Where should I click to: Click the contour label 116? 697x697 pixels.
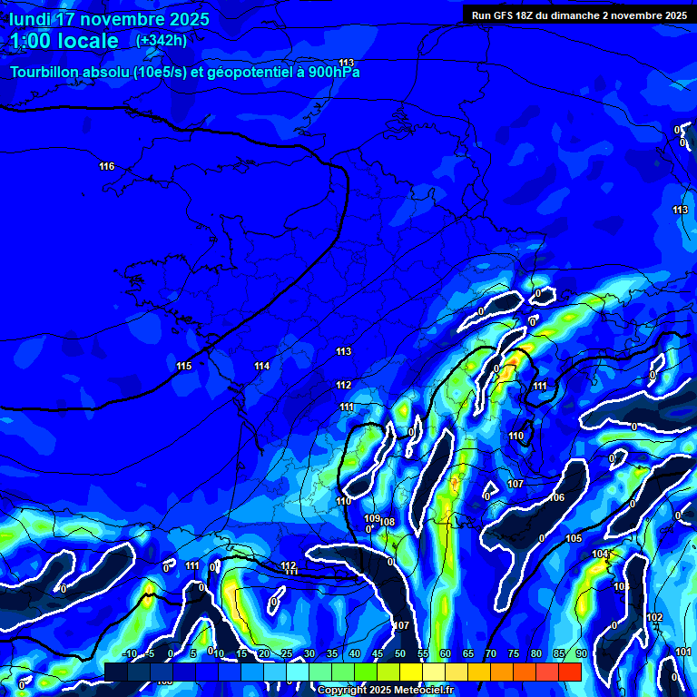[x=107, y=166]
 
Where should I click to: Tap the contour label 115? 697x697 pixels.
[x=184, y=366]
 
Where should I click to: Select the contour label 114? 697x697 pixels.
[x=262, y=366]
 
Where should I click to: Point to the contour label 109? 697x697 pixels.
[x=371, y=518]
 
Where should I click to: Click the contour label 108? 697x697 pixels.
[x=388, y=522]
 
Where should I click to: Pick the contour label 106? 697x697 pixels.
[x=557, y=497]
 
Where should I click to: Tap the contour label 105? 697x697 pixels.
[x=574, y=539]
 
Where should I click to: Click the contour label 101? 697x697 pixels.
[x=683, y=652]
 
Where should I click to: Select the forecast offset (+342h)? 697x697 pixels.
[x=162, y=41]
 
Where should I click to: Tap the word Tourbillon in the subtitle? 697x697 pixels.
[x=45, y=73]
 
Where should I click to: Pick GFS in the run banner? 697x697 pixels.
[x=506, y=15]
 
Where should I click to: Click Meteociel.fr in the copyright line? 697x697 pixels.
[x=418, y=690]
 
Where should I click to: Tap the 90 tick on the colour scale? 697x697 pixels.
[x=581, y=653]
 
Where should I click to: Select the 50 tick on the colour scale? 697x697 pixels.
[x=400, y=653]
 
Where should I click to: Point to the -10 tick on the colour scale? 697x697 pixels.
[x=131, y=653]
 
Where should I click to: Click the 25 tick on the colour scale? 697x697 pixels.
[x=287, y=653]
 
